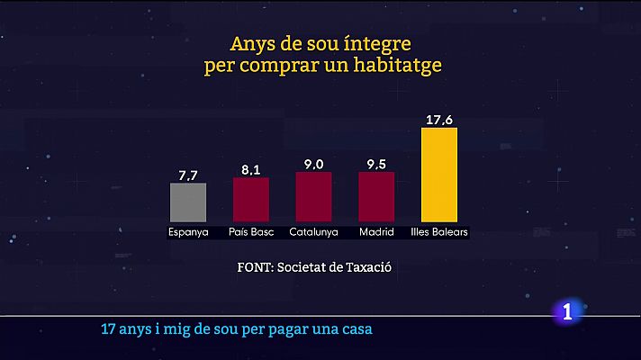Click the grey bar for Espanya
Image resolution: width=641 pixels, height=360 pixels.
point(188,202)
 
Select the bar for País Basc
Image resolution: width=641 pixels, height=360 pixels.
point(251,200)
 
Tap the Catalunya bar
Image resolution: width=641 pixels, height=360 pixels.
point(313,197)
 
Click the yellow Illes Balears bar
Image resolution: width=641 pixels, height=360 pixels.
point(439,175)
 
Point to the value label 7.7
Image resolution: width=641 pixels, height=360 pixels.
point(188,175)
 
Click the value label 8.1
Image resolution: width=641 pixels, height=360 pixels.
point(251,169)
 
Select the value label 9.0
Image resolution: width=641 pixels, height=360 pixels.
point(313,164)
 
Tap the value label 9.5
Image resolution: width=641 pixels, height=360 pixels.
point(376,164)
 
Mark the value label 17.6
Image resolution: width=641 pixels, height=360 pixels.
point(439,119)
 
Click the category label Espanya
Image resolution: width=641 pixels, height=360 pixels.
point(188,232)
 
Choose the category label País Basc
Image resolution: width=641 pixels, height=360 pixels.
point(251,232)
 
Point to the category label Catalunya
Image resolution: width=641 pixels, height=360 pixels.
point(313,232)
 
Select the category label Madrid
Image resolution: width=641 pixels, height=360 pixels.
point(376,232)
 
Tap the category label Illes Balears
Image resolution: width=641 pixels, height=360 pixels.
point(439,232)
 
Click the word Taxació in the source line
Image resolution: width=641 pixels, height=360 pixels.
point(370,267)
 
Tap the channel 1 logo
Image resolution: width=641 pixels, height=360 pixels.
point(566,312)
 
